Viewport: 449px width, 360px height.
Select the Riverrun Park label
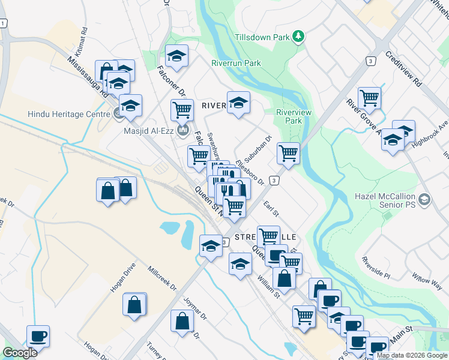236,62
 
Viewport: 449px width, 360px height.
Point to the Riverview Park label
288,116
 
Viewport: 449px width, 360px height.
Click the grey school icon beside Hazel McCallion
424,199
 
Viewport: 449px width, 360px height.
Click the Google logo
20,353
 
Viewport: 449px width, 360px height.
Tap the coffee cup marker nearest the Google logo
38,335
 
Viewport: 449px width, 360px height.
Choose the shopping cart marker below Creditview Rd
369,97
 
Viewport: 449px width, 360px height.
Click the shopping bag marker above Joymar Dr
182,320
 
